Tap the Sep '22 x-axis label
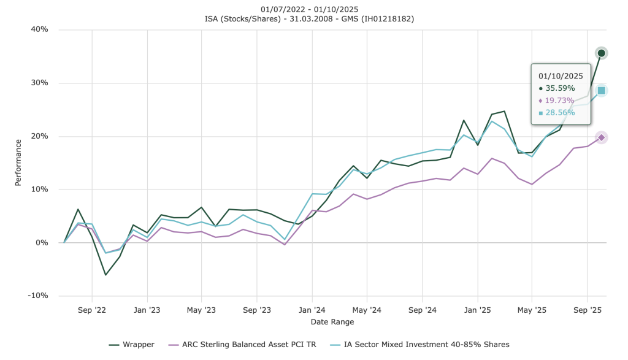(92, 310)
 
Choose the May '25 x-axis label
(532, 310)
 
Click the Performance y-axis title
(19, 163)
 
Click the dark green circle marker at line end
(602, 53)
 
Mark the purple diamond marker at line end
(602, 137)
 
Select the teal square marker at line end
(602, 91)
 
